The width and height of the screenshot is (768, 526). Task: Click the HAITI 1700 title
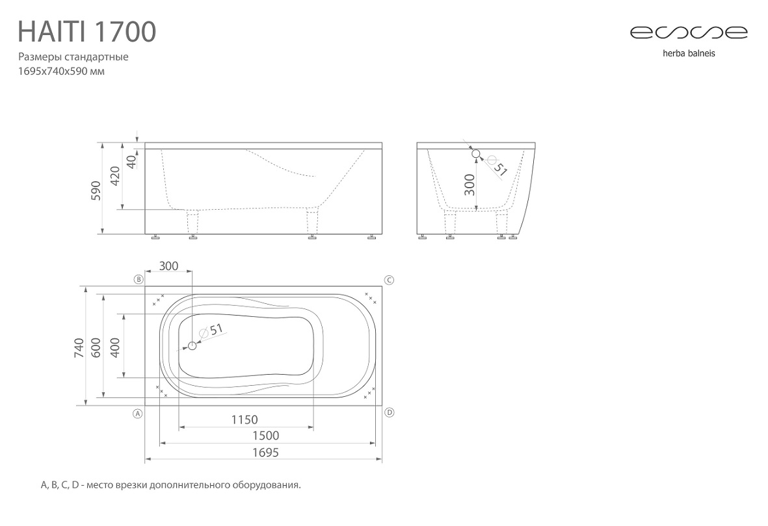click(x=86, y=32)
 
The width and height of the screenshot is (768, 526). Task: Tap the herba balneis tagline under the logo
click(x=689, y=53)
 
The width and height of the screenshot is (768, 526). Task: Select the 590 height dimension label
click(x=96, y=190)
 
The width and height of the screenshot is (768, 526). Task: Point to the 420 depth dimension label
click(x=114, y=176)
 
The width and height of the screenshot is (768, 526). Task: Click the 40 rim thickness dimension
click(x=131, y=162)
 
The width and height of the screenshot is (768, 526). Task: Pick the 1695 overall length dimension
click(x=265, y=452)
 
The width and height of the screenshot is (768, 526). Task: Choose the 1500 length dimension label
click(x=265, y=436)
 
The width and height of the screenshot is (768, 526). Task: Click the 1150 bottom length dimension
click(x=245, y=420)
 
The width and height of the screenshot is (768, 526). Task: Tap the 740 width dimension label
click(x=79, y=348)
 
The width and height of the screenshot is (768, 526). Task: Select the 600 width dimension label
click(x=96, y=348)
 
